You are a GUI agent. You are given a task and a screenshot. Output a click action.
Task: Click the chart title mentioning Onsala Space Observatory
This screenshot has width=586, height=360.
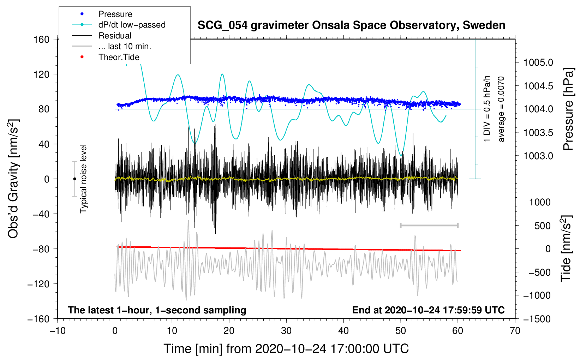[351, 25]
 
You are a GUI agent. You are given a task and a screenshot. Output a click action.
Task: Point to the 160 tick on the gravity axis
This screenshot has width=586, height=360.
[42, 40]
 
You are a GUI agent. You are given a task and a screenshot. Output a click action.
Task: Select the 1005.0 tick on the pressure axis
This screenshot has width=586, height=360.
[538, 63]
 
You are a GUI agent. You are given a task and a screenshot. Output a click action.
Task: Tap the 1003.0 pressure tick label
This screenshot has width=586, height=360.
[538, 156]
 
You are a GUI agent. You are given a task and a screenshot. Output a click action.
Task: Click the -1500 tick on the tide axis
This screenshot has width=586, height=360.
[537, 319]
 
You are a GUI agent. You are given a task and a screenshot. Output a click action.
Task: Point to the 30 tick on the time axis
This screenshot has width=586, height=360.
[286, 331]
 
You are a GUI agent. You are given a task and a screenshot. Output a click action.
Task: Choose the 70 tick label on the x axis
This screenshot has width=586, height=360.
[515, 331]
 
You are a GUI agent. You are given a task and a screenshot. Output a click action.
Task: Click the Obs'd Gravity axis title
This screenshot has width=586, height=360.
[13, 179]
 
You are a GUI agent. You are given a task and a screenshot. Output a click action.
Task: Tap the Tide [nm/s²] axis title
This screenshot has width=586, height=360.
[566, 249]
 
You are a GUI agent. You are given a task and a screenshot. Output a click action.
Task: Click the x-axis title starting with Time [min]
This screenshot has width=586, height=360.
[286, 349]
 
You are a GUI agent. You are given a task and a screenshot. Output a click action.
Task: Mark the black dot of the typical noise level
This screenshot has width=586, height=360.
[74, 179]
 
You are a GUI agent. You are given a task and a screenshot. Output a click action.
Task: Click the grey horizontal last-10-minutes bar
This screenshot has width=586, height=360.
[429, 226]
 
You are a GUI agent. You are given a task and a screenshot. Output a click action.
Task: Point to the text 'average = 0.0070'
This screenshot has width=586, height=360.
[501, 109]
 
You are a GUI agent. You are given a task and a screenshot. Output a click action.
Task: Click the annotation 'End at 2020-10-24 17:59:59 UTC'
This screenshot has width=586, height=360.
[428, 310]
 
